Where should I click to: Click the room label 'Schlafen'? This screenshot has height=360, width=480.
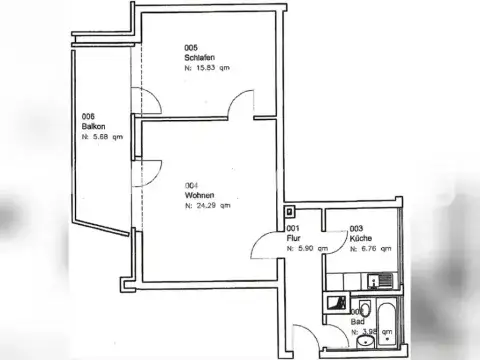198,57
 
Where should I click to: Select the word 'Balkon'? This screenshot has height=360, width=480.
95,126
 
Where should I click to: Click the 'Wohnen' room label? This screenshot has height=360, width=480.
198,195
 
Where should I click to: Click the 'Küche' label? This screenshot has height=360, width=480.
362,238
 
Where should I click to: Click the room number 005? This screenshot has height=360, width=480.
190,47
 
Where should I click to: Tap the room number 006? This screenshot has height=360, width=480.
88,116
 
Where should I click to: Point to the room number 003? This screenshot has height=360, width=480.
357,228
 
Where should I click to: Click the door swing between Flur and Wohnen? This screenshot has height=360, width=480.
261,246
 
